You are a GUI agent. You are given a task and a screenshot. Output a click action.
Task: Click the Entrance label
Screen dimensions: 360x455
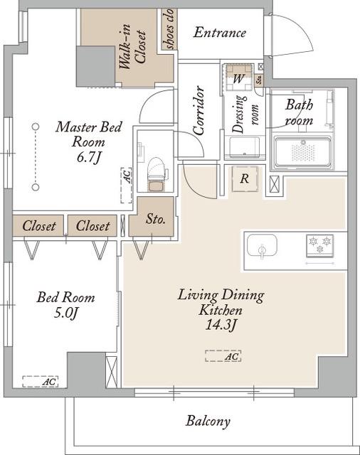[220, 32]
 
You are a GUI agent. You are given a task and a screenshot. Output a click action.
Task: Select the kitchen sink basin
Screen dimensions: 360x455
[262, 245]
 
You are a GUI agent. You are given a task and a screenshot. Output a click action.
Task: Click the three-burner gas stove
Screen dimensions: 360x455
[319, 246]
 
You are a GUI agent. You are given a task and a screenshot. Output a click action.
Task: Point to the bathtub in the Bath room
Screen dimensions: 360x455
[303, 152]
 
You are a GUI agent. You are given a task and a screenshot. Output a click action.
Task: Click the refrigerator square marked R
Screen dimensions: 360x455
[245, 178]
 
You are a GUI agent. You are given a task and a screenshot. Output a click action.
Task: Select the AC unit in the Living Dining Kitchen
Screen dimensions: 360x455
[223, 356]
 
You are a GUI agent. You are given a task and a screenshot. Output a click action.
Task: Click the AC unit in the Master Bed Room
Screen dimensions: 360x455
[127, 185]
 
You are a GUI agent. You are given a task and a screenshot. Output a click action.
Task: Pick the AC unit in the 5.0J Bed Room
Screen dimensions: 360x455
[41, 381]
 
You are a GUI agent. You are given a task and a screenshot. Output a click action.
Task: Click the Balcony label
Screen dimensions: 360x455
[208, 421]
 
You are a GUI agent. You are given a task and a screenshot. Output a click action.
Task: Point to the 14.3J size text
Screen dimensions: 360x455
[220, 325]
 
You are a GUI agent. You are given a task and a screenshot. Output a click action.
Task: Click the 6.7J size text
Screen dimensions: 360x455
[88, 157]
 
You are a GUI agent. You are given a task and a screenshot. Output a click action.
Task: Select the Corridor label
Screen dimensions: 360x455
[199, 111]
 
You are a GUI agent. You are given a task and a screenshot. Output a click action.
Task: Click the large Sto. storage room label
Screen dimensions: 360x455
[155, 219]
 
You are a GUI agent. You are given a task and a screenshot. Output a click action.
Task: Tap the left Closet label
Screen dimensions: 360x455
[38, 225]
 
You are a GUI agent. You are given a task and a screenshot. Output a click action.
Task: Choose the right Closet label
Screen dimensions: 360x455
[92, 225]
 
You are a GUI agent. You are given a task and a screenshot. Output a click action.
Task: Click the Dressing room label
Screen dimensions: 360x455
[245, 114]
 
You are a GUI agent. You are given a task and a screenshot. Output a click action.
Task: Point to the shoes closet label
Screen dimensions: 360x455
[169, 28]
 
